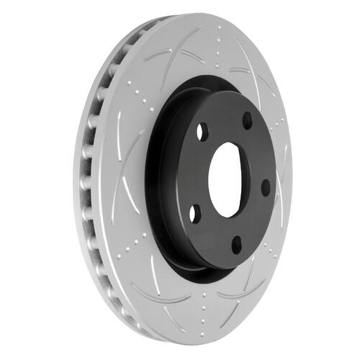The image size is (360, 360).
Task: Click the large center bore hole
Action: tap(228, 179)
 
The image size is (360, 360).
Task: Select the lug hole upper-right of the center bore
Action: tap(247, 120)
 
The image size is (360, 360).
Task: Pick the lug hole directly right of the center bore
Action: tap(266, 186)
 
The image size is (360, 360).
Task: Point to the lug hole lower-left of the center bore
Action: tap(194, 213)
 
